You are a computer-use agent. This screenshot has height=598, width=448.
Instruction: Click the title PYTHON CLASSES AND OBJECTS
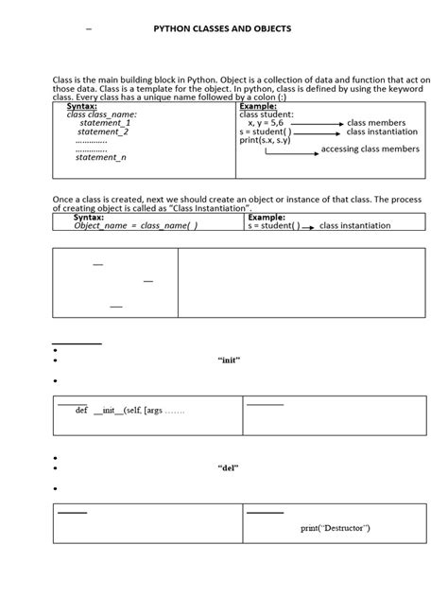(x=222, y=29)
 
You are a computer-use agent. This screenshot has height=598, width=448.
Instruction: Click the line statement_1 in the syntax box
(x=105, y=123)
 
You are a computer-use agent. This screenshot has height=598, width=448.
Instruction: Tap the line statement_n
(x=101, y=158)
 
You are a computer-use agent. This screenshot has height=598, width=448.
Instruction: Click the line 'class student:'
(x=267, y=114)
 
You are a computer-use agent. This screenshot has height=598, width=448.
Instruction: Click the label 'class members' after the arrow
(x=376, y=123)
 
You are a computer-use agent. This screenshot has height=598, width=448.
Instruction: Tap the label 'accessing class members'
(x=370, y=149)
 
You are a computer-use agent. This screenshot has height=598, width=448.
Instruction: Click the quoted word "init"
(x=231, y=361)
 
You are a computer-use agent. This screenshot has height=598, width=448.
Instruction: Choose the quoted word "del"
(x=228, y=468)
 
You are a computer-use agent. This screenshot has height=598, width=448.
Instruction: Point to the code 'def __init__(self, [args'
(x=130, y=412)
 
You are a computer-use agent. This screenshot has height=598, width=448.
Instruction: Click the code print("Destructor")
(x=336, y=527)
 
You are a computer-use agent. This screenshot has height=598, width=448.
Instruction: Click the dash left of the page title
(x=89, y=30)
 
